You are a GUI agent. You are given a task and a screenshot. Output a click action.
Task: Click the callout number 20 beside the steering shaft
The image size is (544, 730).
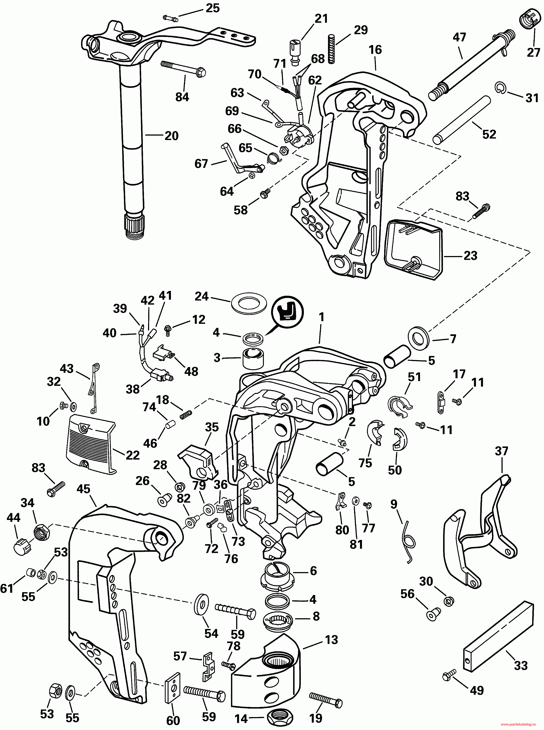(171, 136)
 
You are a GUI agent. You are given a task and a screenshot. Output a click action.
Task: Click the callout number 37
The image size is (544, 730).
(501, 451)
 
